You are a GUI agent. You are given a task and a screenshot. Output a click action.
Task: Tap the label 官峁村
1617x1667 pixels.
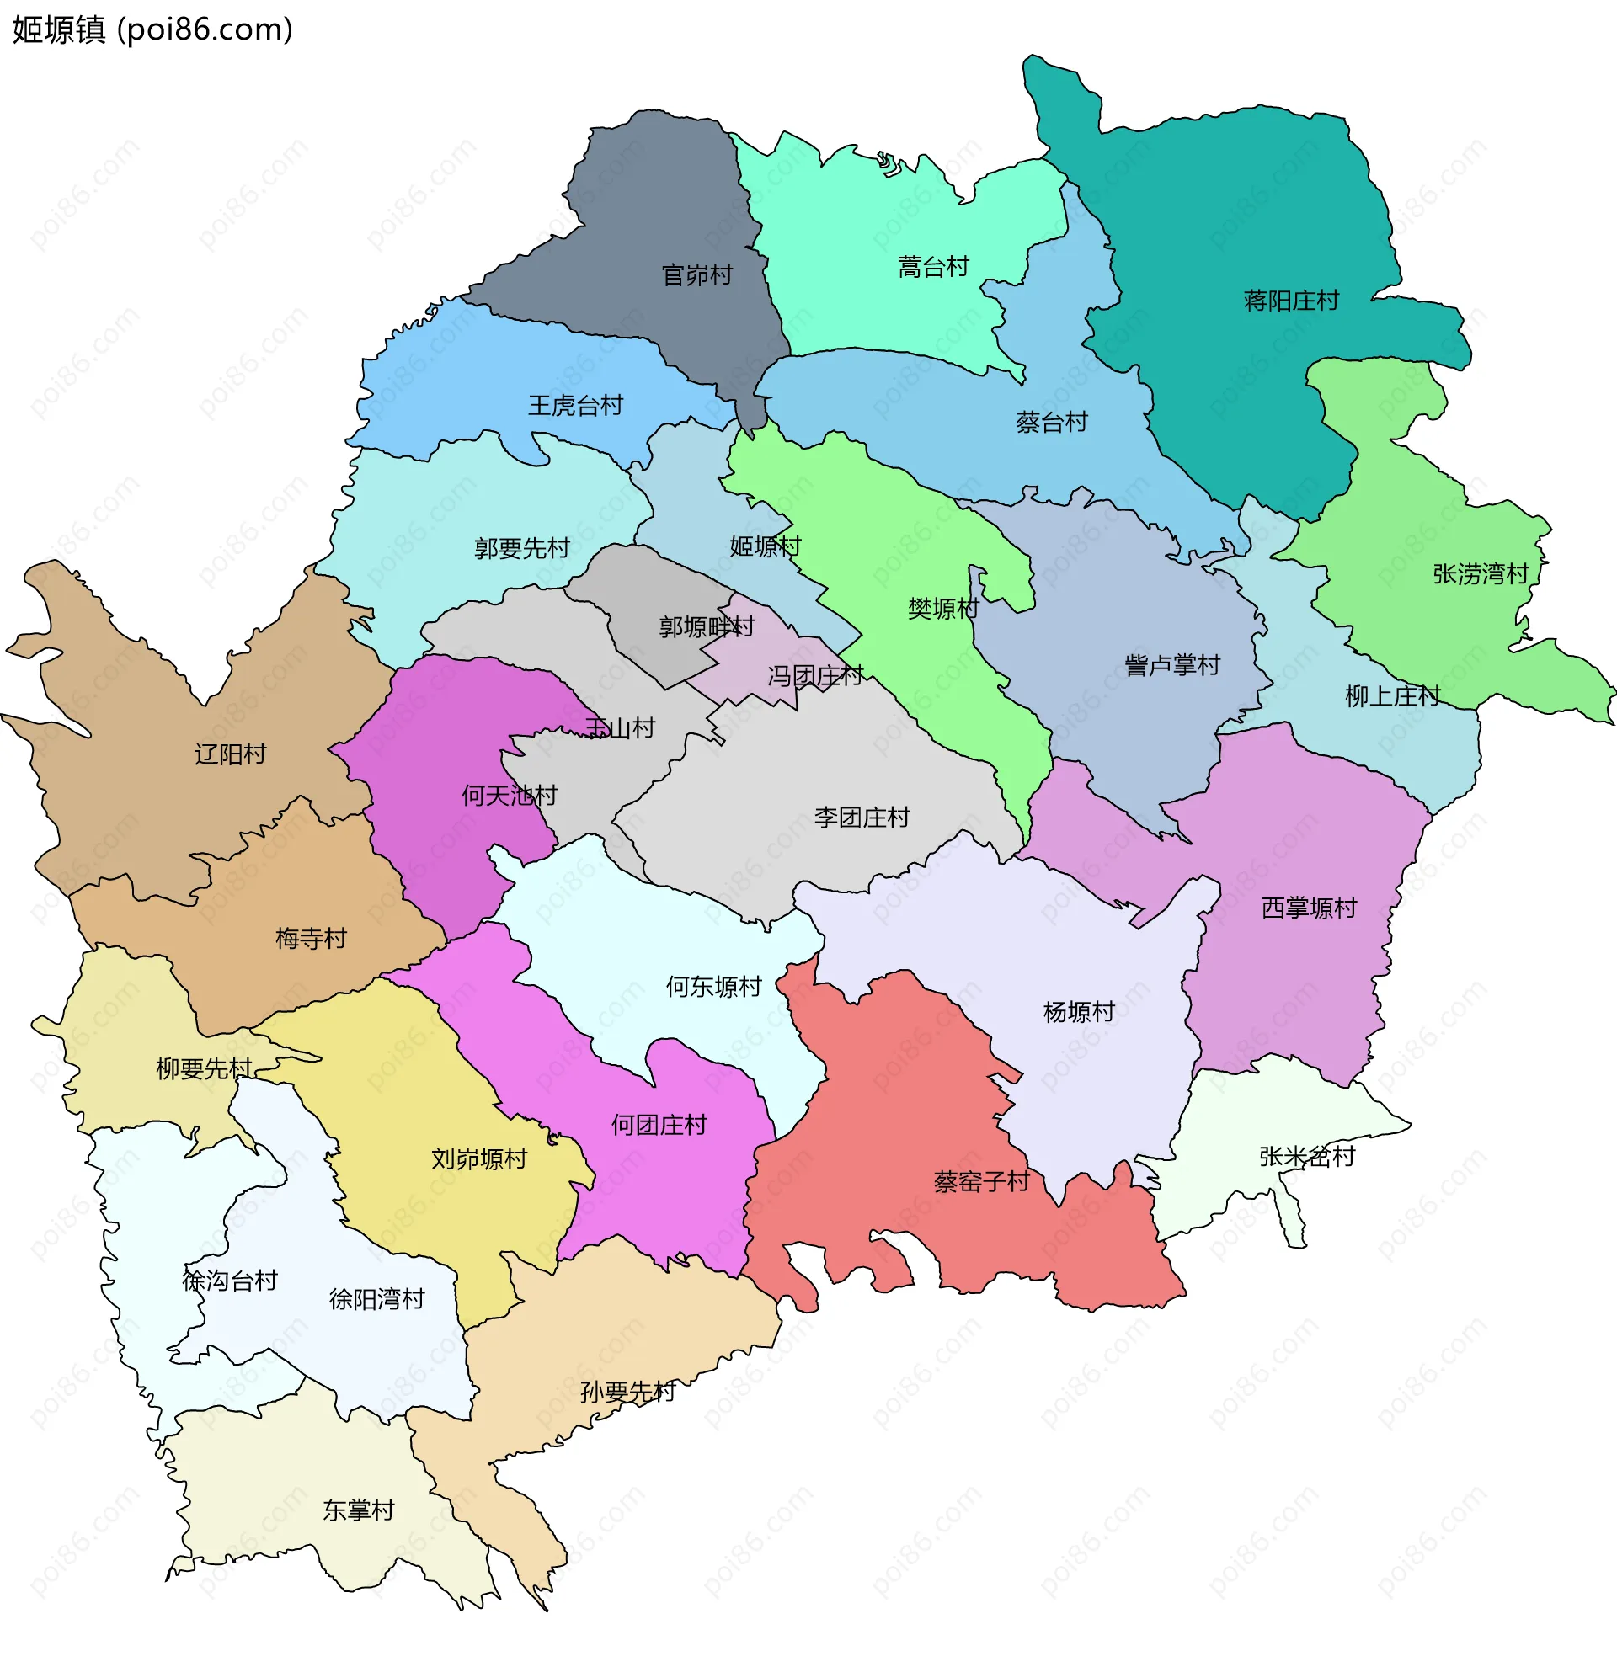[x=696, y=275]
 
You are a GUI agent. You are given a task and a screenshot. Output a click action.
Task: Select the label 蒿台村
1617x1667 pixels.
[x=933, y=267]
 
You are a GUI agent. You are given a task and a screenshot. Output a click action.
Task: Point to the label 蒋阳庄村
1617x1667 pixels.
[x=1290, y=301]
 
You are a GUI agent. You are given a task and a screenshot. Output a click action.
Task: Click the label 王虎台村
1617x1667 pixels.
[x=575, y=406]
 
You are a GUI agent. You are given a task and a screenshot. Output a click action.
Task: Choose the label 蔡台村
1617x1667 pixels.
[x=1051, y=423]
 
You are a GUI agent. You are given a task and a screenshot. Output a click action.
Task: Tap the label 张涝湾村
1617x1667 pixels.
[x=1480, y=575]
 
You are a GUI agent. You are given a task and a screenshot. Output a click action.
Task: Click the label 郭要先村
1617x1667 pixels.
[x=521, y=549]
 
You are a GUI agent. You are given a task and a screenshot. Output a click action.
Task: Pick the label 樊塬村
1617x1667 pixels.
[x=942, y=609]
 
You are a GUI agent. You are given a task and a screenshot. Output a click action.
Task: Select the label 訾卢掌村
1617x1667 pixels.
[x=1171, y=666]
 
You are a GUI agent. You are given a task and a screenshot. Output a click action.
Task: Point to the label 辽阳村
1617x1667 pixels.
[x=230, y=754]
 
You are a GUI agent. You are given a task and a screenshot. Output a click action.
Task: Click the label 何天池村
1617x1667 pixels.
[x=509, y=796]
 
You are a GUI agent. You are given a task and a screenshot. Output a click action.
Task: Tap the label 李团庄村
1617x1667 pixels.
[x=861, y=818]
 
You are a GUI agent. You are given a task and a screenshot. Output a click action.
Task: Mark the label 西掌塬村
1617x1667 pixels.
[x=1308, y=908]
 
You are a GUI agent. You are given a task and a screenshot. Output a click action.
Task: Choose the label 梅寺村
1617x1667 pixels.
[x=311, y=939]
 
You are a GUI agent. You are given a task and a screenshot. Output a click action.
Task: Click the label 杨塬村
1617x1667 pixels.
[x=1078, y=1013]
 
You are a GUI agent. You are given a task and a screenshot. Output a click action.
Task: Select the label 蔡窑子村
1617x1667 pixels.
[x=981, y=1182]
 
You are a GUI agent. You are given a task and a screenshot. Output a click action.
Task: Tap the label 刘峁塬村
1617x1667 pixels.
[x=479, y=1159]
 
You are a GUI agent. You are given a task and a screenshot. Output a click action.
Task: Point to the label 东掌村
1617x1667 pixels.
[x=358, y=1510]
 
